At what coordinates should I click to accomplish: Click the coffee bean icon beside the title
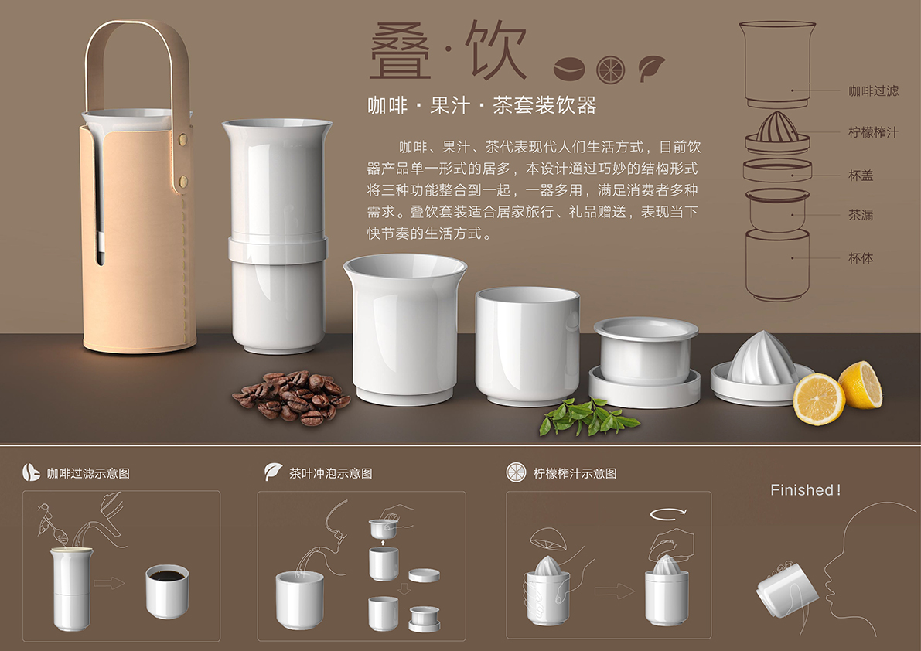click(568, 69)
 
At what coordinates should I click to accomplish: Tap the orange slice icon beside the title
click(610, 70)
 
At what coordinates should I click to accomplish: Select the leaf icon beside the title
click(651, 67)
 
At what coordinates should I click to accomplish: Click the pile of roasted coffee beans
click(292, 397)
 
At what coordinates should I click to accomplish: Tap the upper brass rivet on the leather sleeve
click(183, 140)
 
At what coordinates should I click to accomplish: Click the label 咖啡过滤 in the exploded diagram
click(873, 91)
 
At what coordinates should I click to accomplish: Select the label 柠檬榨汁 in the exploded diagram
click(873, 133)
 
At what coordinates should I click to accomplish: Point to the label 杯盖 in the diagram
click(861, 176)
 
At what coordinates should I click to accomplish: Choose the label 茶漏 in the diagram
click(861, 215)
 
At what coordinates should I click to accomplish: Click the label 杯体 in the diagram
click(861, 258)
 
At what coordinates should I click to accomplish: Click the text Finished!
click(805, 490)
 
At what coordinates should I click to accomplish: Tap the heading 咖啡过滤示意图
click(88, 474)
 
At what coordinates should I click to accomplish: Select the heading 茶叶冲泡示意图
click(331, 474)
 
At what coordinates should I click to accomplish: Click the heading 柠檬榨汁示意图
click(575, 474)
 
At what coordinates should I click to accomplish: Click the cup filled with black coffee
click(167, 591)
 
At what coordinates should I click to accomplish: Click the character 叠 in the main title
click(401, 52)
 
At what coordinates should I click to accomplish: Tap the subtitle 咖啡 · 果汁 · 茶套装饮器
click(483, 106)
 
